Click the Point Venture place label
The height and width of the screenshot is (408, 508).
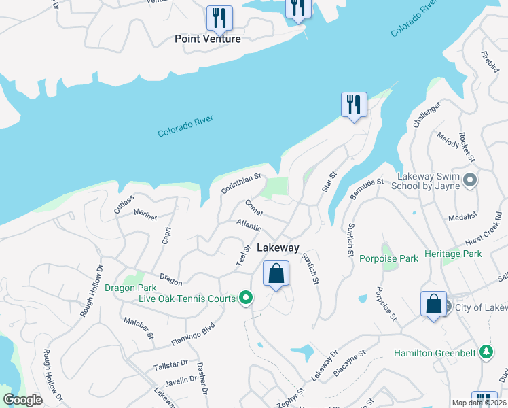click(207, 39)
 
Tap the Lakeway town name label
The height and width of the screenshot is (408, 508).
click(277, 248)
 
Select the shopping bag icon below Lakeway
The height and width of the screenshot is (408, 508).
click(276, 274)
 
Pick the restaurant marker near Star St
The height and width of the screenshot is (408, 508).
click(354, 105)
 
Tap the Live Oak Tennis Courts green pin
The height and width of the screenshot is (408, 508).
click(247, 298)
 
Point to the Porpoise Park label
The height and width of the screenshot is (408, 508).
click(388, 258)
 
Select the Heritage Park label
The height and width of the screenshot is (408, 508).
click(452, 254)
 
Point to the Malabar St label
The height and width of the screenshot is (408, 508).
click(139, 329)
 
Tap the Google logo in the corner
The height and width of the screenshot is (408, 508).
click(22, 400)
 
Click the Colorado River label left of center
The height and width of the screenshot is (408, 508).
click(185, 126)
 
